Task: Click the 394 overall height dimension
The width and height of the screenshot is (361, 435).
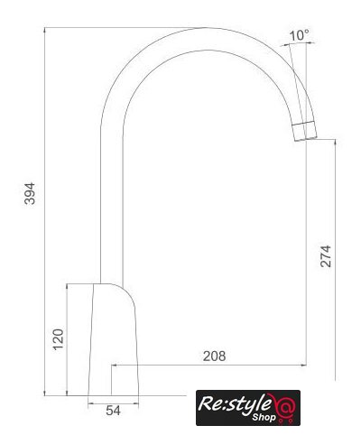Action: (x=30, y=193)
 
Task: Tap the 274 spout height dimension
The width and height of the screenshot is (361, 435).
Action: (x=326, y=256)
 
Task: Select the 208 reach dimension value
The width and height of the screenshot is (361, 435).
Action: (x=214, y=356)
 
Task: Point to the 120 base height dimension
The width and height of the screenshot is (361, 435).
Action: (x=59, y=339)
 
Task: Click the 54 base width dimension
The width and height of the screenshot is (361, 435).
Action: (x=113, y=411)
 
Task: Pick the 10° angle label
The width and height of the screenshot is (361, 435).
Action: (x=300, y=35)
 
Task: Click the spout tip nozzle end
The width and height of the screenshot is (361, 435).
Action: (x=305, y=131)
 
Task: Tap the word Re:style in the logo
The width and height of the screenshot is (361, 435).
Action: (x=235, y=403)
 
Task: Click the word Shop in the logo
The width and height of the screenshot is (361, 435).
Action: (x=264, y=417)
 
